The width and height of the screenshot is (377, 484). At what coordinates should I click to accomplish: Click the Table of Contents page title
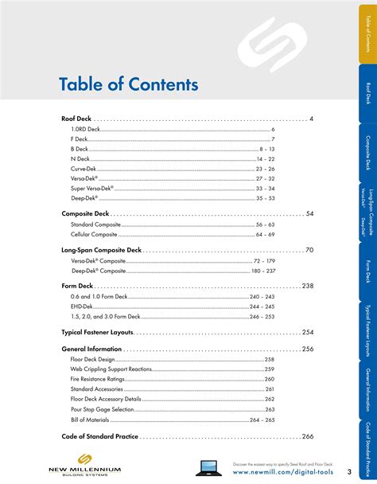click(x=128, y=84)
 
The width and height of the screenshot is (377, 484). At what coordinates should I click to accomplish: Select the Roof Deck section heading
click(x=76, y=119)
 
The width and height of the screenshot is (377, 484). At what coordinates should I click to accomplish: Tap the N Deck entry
click(x=80, y=158)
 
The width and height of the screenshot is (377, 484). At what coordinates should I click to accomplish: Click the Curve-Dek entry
click(x=83, y=169)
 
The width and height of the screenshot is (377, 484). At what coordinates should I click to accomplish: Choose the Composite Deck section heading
click(x=85, y=213)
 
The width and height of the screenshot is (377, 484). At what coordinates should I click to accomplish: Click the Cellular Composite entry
click(x=94, y=235)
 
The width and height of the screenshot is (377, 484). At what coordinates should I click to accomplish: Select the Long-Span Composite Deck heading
click(x=101, y=250)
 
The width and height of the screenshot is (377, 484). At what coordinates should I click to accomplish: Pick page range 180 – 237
click(x=263, y=271)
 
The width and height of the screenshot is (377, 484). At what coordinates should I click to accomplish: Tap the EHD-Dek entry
click(x=82, y=306)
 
